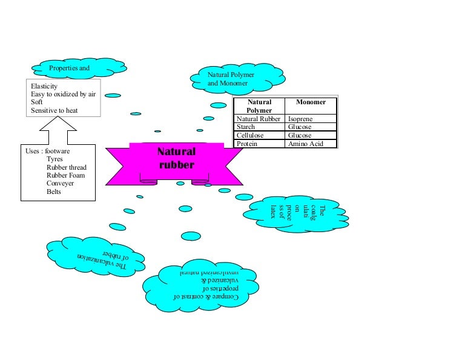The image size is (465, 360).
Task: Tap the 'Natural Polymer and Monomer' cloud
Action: click(x=231, y=78)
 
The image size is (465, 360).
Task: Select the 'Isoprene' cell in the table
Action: click(x=300, y=119)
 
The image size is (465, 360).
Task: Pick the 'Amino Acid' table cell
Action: click(x=306, y=144)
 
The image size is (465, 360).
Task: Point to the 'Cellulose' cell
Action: click(x=250, y=136)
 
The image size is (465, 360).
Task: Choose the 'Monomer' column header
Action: click(x=311, y=103)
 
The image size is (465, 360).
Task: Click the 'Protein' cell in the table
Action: click(x=247, y=144)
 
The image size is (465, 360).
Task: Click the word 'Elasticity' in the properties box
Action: click(x=44, y=87)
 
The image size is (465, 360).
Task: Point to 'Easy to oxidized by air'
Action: click(x=63, y=95)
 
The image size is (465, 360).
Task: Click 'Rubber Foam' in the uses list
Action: click(x=65, y=176)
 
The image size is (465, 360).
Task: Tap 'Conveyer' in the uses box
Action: click(x=60, y=184)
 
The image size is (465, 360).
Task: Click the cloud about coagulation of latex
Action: click(x=297, y=213)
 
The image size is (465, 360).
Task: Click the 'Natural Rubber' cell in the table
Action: click(x=259, y=119)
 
